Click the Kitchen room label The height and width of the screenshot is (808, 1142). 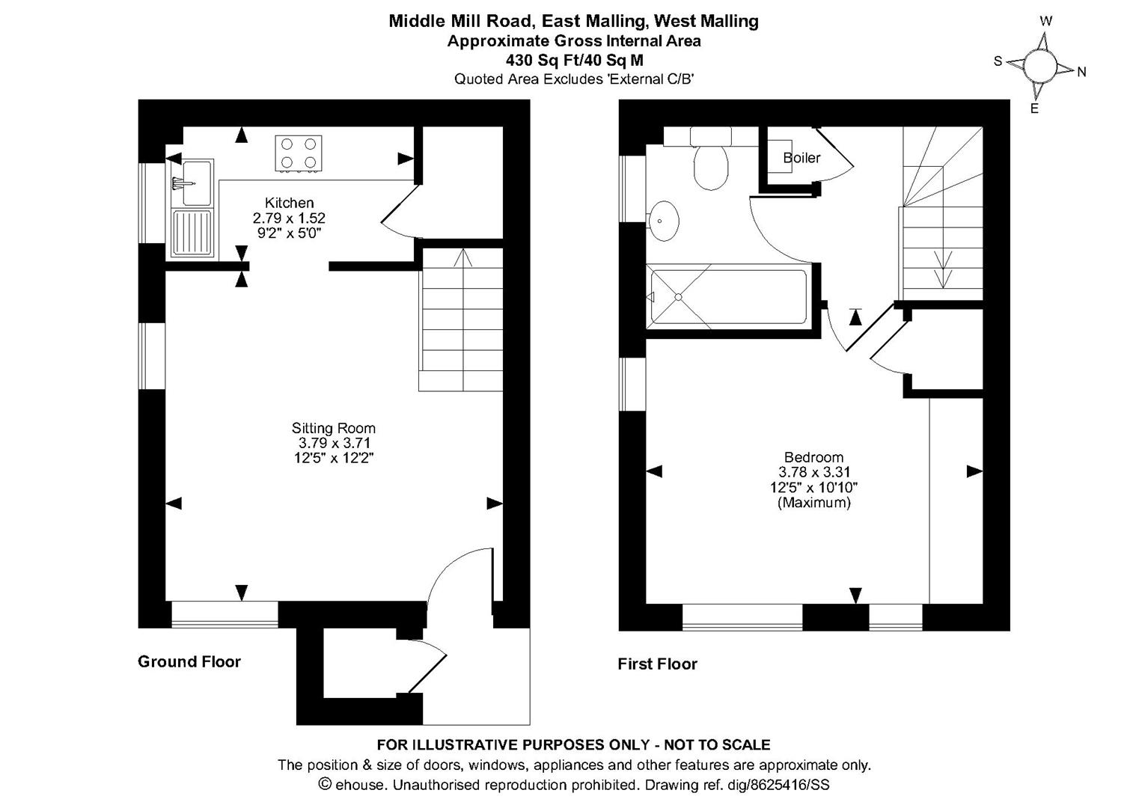(289, 203)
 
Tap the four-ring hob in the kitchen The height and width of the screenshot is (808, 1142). (299, 153)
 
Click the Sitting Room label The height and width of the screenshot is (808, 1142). (333, 428)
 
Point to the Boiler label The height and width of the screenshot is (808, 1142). (801, 158)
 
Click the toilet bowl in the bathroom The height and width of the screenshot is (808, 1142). (710, 167)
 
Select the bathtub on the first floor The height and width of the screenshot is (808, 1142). (727, 297)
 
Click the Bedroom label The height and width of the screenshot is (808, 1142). (813, 457)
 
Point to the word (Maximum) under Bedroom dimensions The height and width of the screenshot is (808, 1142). (813, 503)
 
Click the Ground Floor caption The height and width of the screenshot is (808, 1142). (189, 661)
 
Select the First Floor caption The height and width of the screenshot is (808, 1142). (657, 664)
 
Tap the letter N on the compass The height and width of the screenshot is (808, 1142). (1081, 73)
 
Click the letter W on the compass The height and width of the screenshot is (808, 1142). (1045, 22)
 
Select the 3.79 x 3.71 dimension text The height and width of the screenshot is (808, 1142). (334, 443)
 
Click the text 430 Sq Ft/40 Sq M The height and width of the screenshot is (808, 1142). (574, 61)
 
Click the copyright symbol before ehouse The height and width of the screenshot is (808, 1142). (325, 784)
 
